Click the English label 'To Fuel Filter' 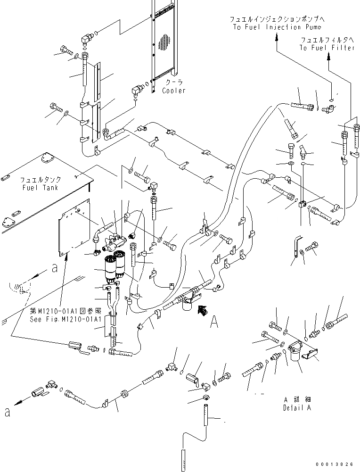[x=327, y=48]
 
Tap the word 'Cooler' [x=174, y=91]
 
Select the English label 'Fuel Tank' [x=40, y=188]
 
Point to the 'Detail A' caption [x=297, y=408]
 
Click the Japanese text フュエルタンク [x=40, y=180]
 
